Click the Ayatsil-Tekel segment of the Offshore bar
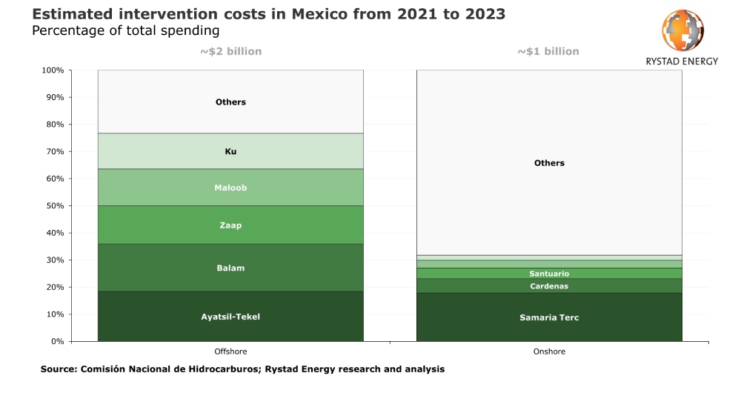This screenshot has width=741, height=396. tap(230, 317)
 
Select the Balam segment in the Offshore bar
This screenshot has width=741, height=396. tap(230, 268)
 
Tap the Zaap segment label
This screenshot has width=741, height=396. tap(230, 225)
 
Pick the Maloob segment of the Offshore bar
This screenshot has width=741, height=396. tap(230, 188)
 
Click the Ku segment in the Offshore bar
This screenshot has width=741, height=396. tap(230, 151)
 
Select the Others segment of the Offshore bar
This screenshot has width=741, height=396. tap(230, 102)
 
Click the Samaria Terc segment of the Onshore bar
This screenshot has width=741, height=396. tap(549, 317)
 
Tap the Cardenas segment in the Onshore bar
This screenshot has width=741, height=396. tap(549, 286)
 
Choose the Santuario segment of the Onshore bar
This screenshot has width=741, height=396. tap(549, 274)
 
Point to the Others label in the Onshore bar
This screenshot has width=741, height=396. tap(549, 163)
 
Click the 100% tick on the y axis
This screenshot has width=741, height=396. tap(53, 70)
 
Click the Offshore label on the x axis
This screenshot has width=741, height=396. tap(230, 352)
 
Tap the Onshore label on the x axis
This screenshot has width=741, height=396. tap(549, 352)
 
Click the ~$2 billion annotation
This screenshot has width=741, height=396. tap(230, 52)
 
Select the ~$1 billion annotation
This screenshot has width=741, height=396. tap(548, 52)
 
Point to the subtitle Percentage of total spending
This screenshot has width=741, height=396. tap(125, 30)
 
